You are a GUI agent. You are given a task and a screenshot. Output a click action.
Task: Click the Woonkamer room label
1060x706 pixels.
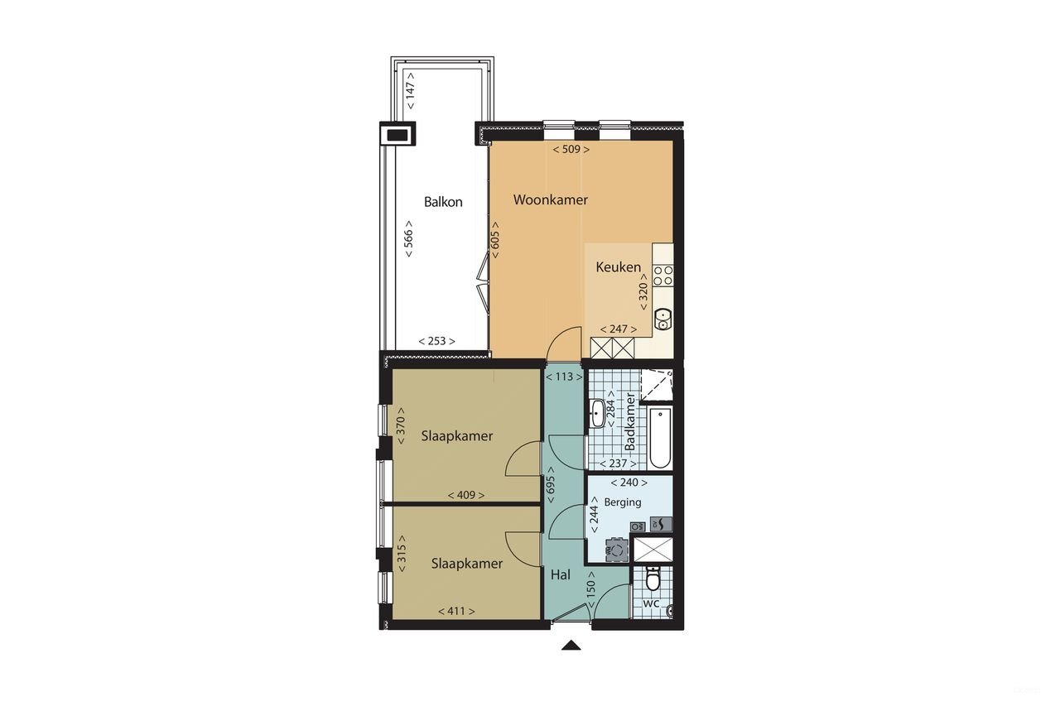pyautogui.click(x=551, y=199)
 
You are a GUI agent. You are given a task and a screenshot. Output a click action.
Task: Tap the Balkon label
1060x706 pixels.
pyautogui.click(x=443, y=201)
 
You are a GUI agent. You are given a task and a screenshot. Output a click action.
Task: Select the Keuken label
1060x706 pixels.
pyautogui.click(x=618, y=267)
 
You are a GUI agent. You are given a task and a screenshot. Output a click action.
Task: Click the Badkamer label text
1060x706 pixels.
pyautogui.click(x=630, y=423)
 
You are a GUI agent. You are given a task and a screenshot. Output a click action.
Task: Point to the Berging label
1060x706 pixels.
pyautogui.click(x=623, y=502)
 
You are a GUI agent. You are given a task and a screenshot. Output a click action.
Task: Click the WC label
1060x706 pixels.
pyautogui.click(x=651, y=603)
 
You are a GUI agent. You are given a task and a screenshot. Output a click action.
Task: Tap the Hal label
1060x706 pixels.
pyautogui.click(x=560, y=574)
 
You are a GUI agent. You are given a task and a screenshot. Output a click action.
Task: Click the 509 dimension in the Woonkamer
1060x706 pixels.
pyautogui.click(x=571, y=150)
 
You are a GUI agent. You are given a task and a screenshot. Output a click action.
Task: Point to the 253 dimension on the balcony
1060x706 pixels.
pyautogui.click(x=436, y=341)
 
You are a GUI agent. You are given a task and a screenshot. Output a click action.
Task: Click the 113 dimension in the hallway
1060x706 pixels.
pyautogui.click(x=564, y=377)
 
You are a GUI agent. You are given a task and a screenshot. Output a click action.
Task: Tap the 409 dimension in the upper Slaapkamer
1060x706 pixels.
pyautogui.click(x=465, y=495)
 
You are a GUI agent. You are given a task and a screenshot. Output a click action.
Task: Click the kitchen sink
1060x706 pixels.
pyautogui.click(x=662, y=317)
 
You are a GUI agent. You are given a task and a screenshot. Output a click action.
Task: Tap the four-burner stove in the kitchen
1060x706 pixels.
pyautogui.click(x=662, y=276)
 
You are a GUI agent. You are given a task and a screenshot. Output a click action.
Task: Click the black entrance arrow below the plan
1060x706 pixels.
pyautogui.click(x=571, y=646)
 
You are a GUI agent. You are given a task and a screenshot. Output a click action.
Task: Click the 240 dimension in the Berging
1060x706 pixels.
pyautogui.click(x=629, y=482)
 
